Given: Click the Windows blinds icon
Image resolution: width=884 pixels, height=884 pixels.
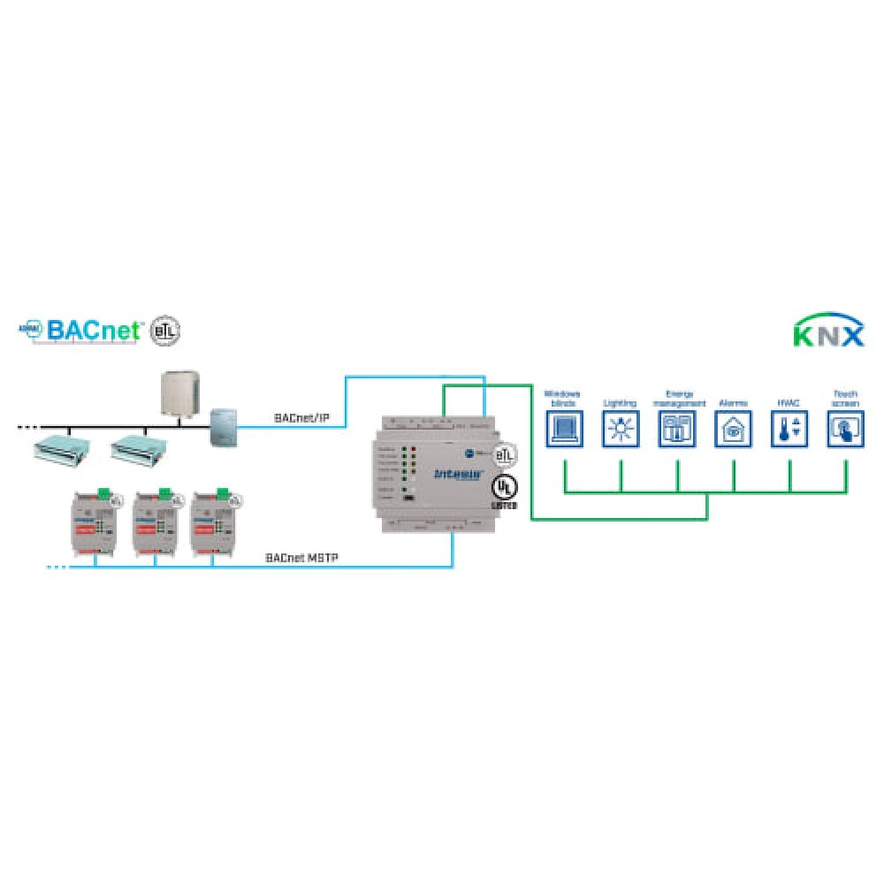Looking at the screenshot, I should [x=564, y=431].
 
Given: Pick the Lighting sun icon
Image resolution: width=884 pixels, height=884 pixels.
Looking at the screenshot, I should [x=621, y=431].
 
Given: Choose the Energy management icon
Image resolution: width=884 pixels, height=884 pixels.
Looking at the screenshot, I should [x=677, y=431].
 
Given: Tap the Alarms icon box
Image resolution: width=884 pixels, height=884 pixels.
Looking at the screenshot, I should [x=734, y=431].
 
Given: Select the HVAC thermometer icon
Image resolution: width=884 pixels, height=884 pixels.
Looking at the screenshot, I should [x=789, y=431].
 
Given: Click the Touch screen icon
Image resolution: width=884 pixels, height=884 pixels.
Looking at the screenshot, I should [x=846, y=431].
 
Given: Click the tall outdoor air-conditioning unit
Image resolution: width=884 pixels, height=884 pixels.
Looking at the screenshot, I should [x=181, y=393].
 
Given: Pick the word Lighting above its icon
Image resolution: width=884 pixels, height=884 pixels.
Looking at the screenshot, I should [x=621, y=403].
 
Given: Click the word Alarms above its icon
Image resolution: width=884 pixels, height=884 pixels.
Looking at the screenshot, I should [x=734, y=403].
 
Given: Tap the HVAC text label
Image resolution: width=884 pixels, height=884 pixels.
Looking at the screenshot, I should [x=789, y=403].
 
